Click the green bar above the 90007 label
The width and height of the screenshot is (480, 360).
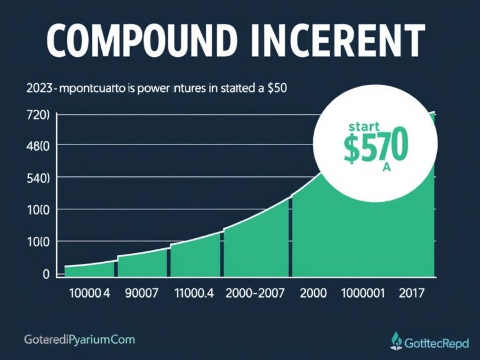(x=142, y=264)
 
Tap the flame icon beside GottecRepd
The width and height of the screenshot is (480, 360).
(x=395, y=340)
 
